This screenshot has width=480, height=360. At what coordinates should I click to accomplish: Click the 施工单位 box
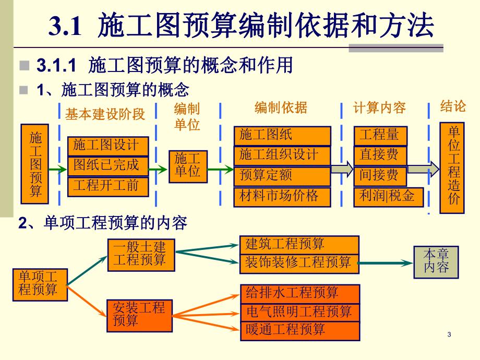click(x=187, y=166)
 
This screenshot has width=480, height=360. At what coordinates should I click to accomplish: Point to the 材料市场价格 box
click(x=282, y=196)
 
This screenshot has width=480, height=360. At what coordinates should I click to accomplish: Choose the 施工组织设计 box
click(x=282, y=155)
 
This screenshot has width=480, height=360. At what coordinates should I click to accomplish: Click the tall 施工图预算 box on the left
click(x=34, y=163)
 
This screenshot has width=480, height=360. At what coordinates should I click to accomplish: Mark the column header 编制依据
click(x=281, y=108)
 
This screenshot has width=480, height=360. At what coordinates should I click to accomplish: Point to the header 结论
click(x=452, y=106)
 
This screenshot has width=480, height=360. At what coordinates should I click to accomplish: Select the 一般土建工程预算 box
click(x=139, y=255)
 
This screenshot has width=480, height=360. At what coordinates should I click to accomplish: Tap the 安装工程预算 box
click(x=139, y=315)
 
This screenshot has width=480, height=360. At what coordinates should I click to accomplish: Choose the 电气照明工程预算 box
click(x=300, y=312)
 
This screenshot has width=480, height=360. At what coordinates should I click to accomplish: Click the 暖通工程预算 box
click(x=300, y=330)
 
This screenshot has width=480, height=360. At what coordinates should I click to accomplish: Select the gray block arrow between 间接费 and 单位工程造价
click(x=424, y=169)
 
